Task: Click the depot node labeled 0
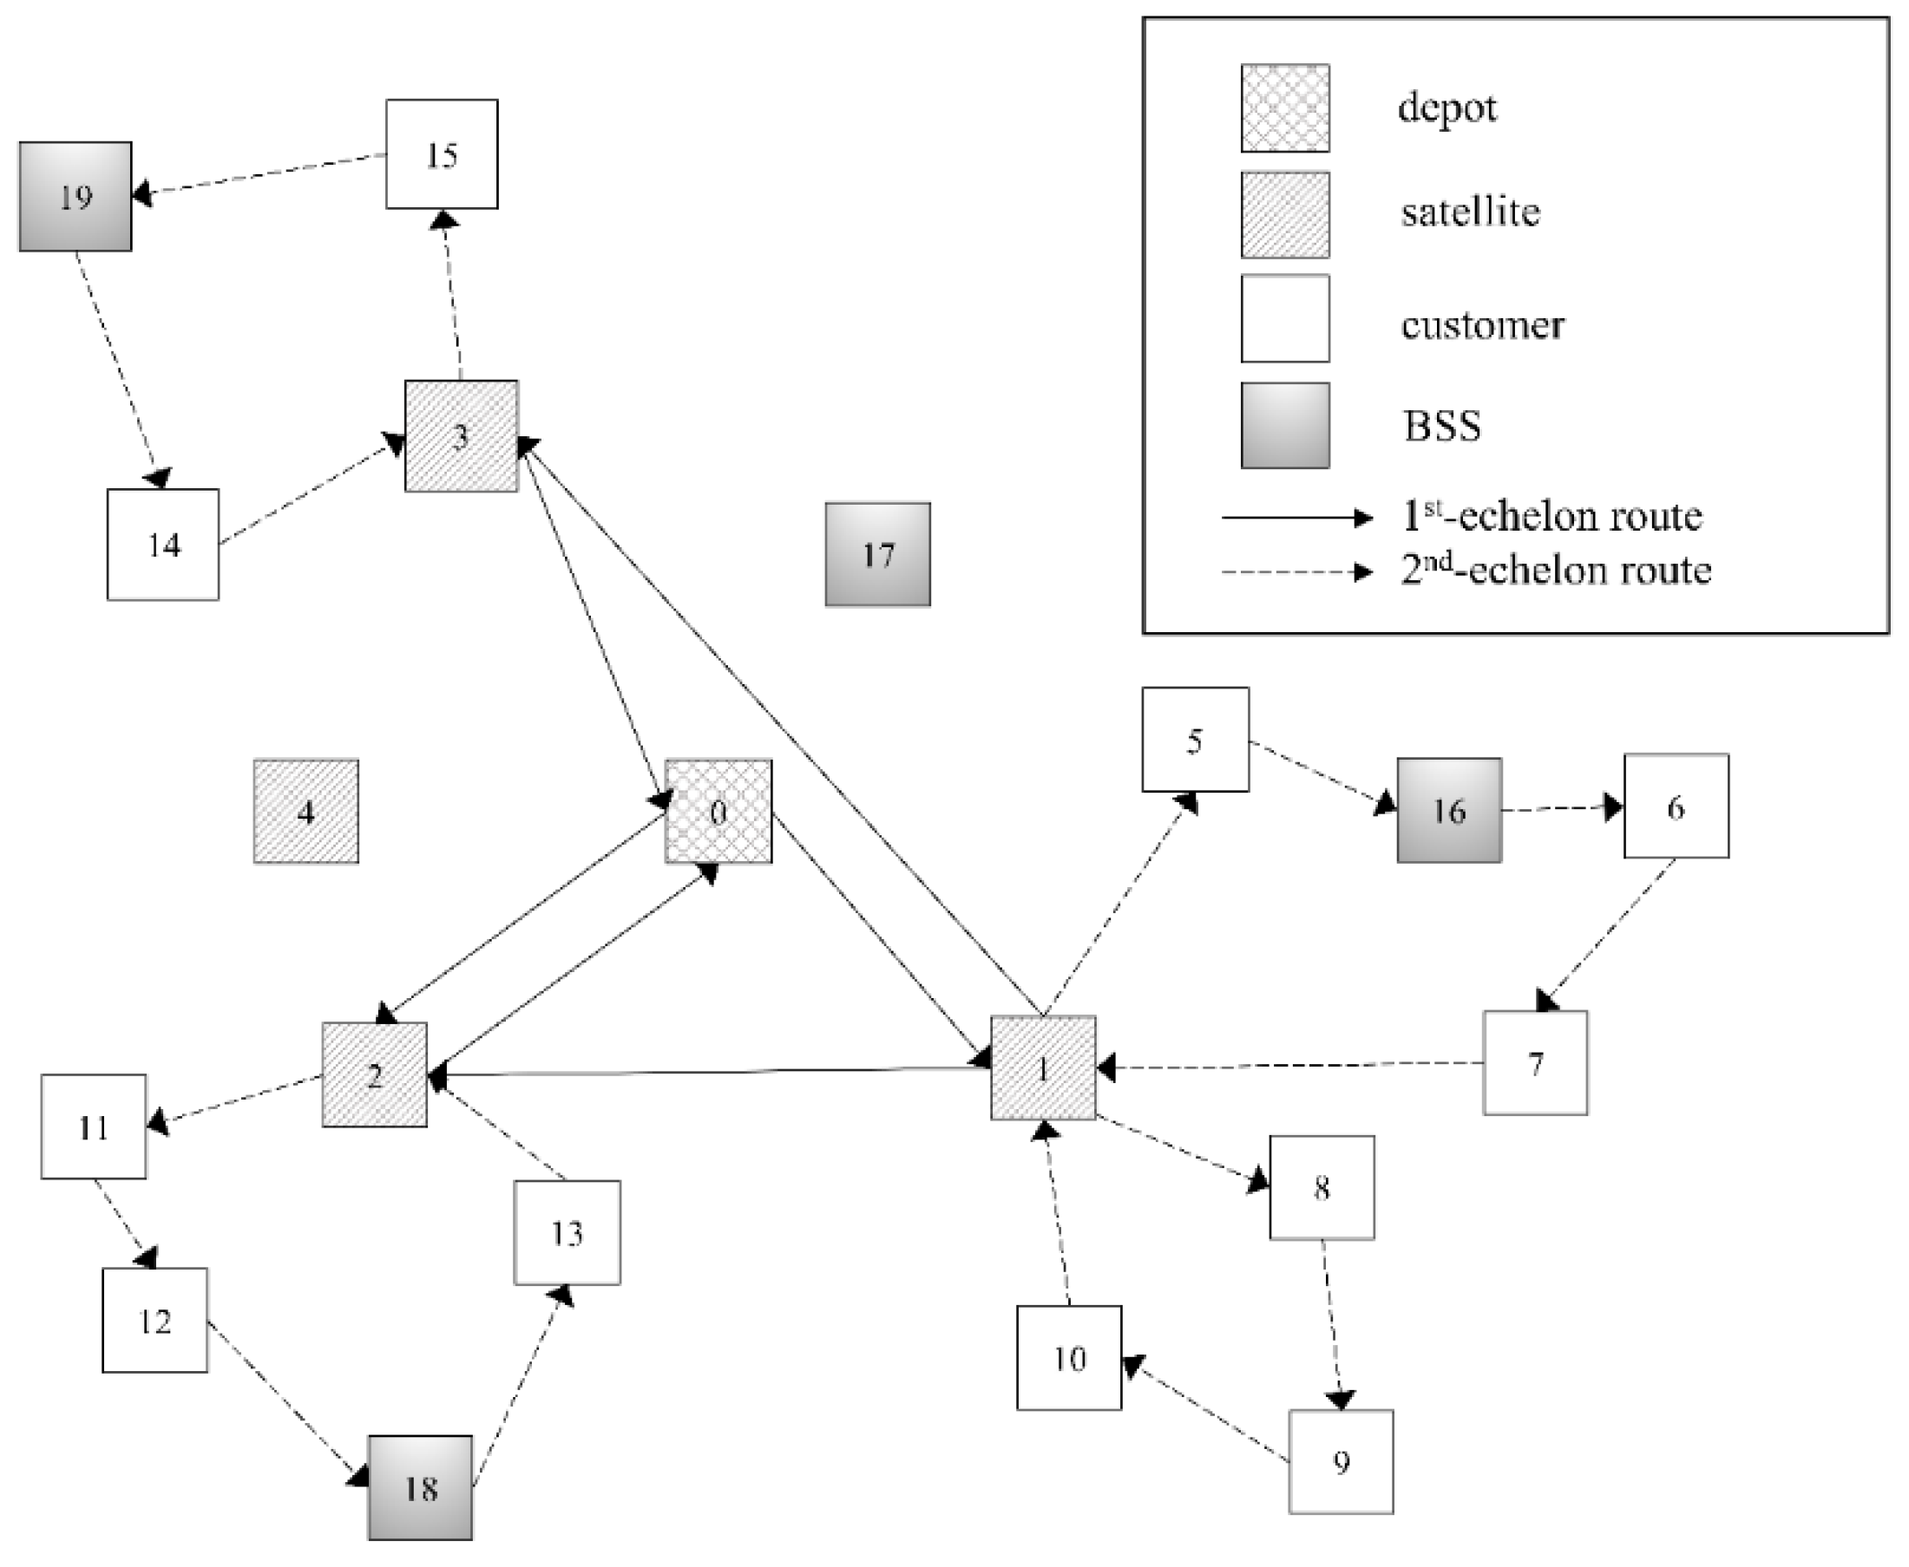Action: (718, 811)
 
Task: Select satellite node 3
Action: (461, 436)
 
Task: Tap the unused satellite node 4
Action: (305, 811)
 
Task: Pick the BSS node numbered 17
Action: (877, 553)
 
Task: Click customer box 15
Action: (442, 154)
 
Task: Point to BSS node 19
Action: (75, 196)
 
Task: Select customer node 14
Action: (162, 545)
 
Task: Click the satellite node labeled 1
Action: (1043, 1068)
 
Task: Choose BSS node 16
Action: (1448, 810)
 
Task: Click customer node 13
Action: (567, 1232)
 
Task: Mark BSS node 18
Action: (420, 1486)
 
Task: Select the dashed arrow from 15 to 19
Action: (262, 173)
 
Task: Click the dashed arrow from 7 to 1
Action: (1291, 1065)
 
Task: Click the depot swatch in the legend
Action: (1284, 108)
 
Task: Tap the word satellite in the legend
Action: (1470, 212)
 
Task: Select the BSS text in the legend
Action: (1441, 425)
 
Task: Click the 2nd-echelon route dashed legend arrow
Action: (1295, 571)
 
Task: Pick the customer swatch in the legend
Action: (1284, 318)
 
